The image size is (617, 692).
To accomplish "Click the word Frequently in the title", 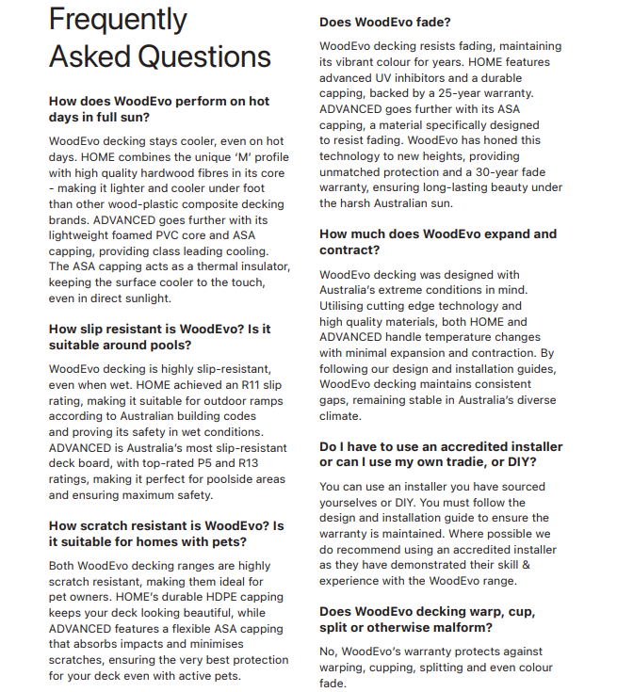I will click(118, 20).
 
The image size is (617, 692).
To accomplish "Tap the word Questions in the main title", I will click(203, 56).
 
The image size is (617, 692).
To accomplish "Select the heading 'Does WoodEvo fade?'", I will click(386, 22).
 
